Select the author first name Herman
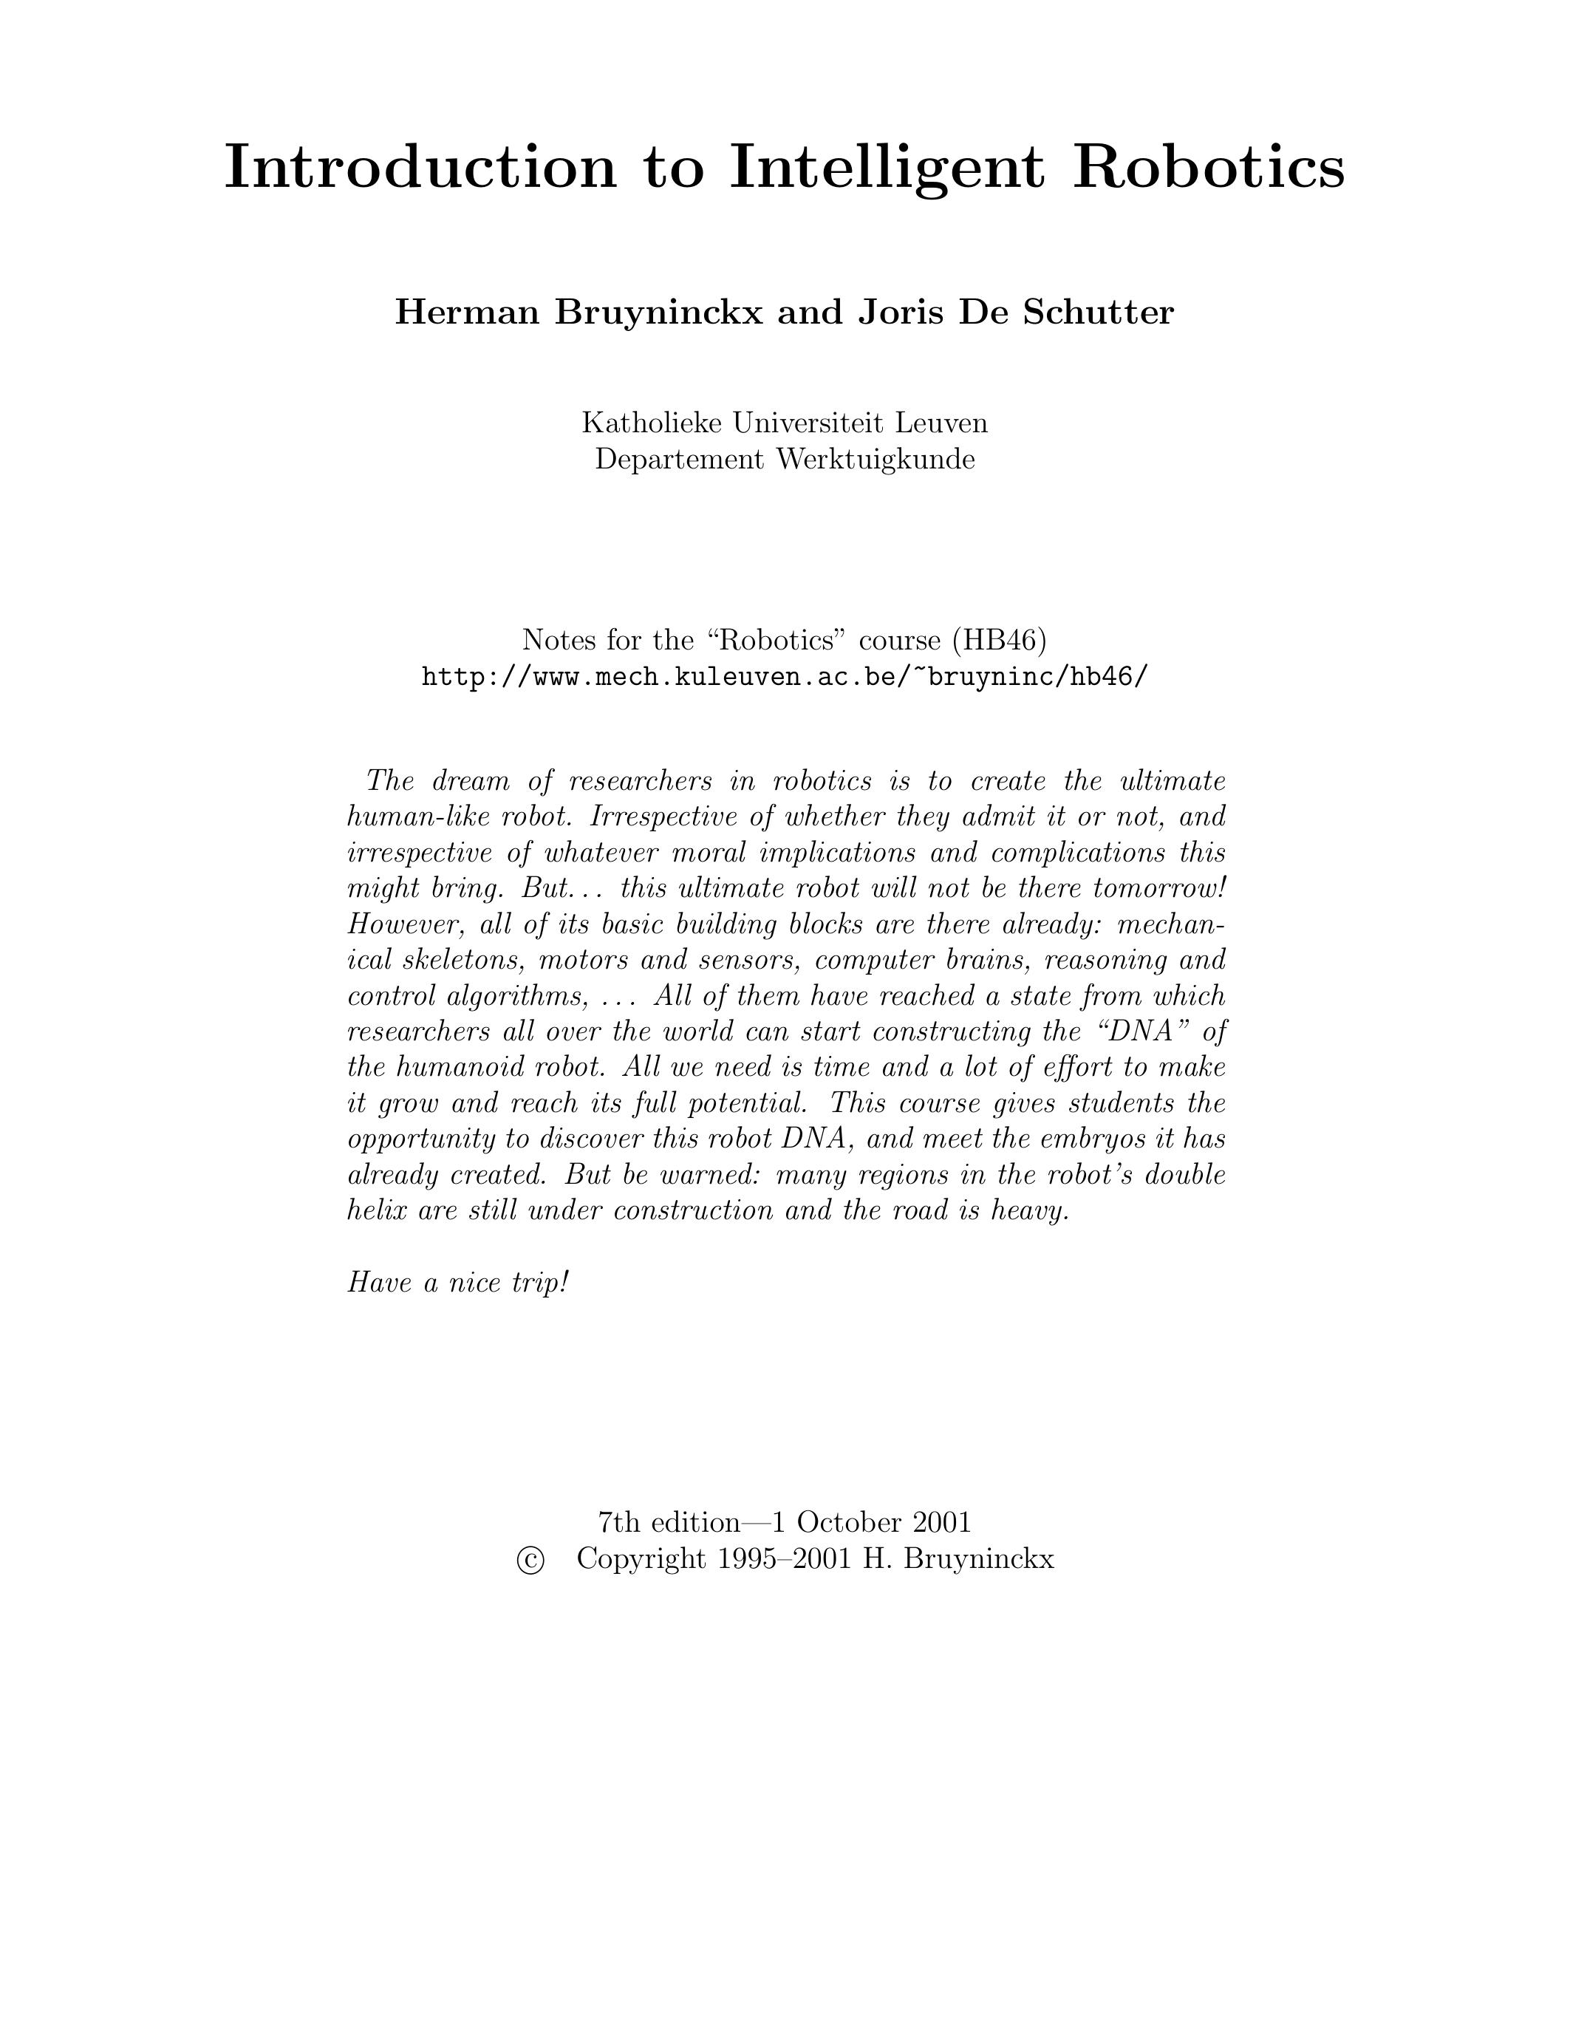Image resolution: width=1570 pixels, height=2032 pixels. (x=467, y=313)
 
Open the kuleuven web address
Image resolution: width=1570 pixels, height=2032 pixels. (x=785, y=676)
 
